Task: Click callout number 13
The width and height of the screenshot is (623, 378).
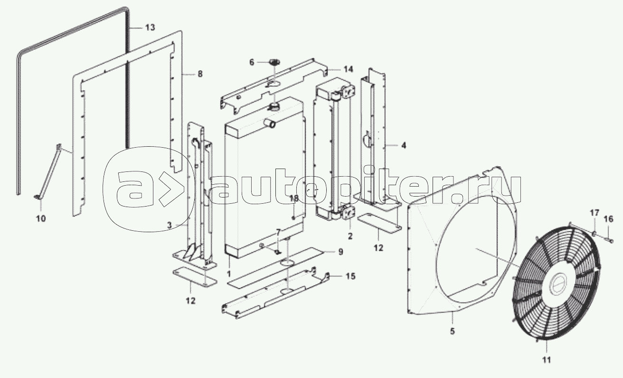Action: (150, 28)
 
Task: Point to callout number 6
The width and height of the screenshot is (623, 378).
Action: (252, 62)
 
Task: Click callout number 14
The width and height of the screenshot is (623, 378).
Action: (348, 69)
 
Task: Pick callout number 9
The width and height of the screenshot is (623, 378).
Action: (340, 252)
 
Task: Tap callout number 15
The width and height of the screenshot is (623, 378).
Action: (349, 276)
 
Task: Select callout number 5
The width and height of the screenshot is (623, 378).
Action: (452, 331)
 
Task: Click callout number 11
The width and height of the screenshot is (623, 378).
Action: (547, 360)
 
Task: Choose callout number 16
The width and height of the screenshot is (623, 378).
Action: (608, 219)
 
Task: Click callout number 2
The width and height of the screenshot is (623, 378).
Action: (350, 235)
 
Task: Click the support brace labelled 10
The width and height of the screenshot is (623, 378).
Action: (49, 173)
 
